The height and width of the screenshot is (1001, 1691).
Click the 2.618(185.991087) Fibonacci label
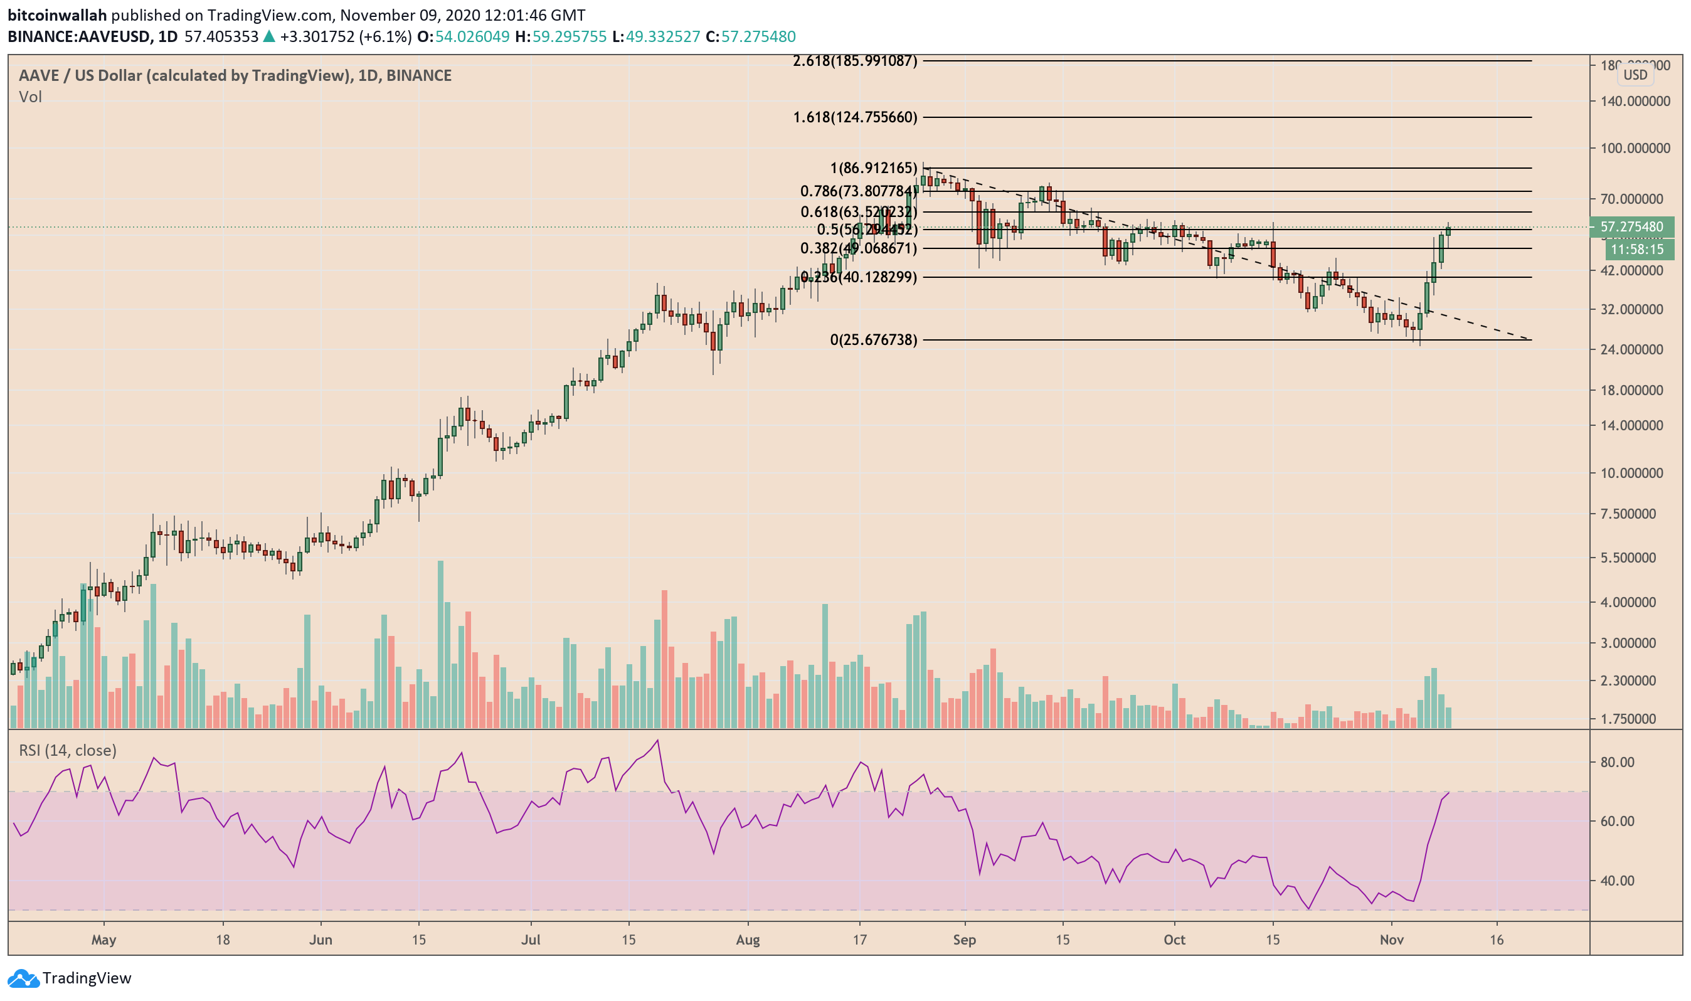tap(855, 61)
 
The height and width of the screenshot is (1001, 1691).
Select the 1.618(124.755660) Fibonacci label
tap(855, 117)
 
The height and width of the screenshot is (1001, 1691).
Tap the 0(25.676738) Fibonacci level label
tap(874, 340)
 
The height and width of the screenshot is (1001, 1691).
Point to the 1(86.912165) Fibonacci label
tap(874, 168)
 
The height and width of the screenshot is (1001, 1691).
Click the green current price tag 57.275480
tap(1631, 227)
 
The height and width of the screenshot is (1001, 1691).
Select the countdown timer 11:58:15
tap(1636, 250)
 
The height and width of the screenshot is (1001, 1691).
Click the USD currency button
tap(1635, 75)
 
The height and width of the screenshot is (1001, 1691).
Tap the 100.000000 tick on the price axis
tap(1635, 149)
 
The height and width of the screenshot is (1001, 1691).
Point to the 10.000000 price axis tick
tap(1635, 474)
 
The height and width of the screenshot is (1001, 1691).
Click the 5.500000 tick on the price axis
tap(1635, 558)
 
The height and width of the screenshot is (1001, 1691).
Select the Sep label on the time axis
tap(965, 940)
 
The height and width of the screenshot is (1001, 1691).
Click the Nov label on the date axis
tap(1392, 940)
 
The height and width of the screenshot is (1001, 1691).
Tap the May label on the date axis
tap(104, 940)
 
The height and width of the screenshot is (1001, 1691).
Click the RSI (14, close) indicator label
tap(68, 751)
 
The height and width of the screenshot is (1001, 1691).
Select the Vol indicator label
tap(30, 97)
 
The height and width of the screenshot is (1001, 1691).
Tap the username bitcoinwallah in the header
tap(57, 15)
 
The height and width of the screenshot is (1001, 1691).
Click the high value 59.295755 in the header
tap(569, 36)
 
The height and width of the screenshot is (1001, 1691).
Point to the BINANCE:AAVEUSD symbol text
tap(79, 36)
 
